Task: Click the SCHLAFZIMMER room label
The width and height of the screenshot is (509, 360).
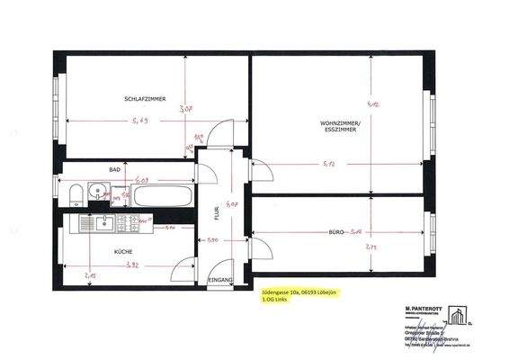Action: point(143,98)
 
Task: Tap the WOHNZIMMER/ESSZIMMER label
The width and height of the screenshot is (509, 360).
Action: point(338,126)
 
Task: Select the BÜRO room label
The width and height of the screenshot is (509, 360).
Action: point(339,232)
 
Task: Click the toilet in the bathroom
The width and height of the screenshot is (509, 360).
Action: point(74,193)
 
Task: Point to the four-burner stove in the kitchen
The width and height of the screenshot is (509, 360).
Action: point(136,220)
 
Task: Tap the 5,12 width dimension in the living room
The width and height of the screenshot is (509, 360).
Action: point(329,165)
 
